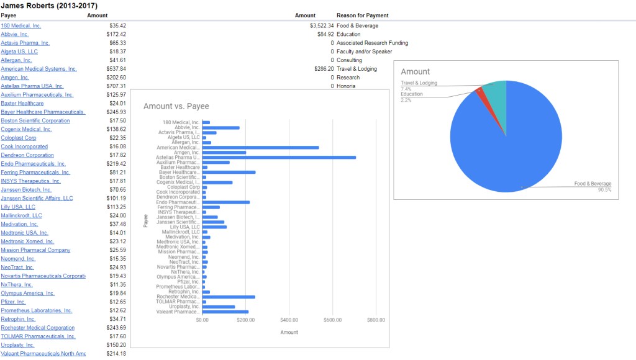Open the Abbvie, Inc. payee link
click(15, 34)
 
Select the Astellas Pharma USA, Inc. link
click(32, 86)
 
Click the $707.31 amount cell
click(116, 86)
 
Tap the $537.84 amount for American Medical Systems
click(116, 69)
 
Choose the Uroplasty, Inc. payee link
click(17, 344)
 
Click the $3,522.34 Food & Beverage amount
click(322, 25)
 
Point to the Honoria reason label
click(346, 86)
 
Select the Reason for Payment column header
click(362, 15)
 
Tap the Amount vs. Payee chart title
click(176, 106)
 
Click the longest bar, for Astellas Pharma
click(279, 157)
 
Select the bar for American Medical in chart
click(260, 147)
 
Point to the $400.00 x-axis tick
click(289, 320)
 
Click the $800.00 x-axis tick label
click(376, 320)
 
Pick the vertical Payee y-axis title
click(146, 220)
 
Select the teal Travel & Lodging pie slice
click(494, 93)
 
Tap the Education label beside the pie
click(412, 94)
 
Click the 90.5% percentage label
click(604, 190)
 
